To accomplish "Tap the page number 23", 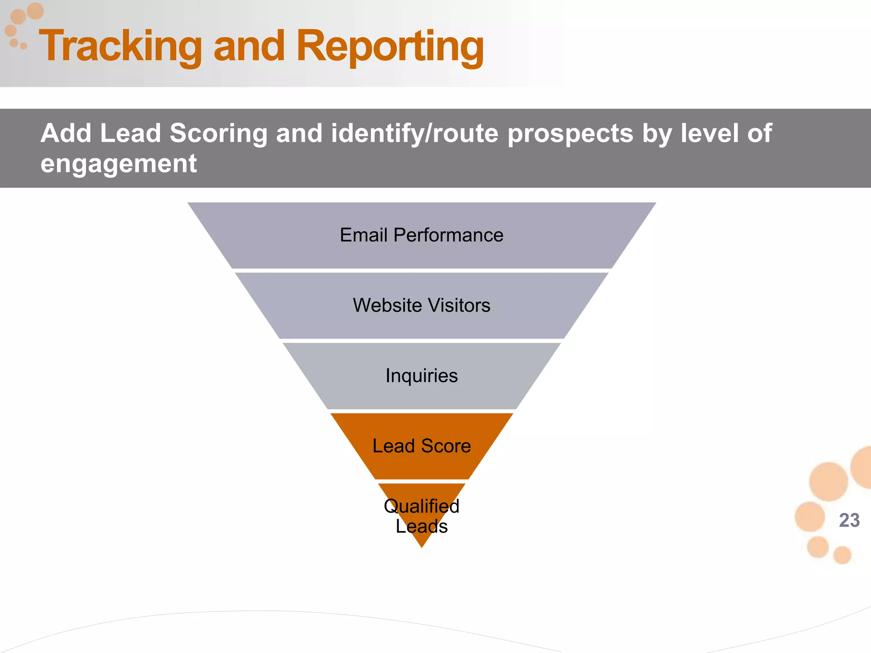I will click(849, 520).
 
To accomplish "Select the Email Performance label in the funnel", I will click(421, 235).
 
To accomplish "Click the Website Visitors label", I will click(421, 305).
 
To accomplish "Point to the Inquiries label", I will click(421, 376).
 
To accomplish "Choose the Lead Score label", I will click(421, 446).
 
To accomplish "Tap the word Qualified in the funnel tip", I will click(421, 506).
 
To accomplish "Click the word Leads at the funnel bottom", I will click(421, 527).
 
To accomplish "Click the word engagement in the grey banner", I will click(119, 164).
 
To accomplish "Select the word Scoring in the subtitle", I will click(219, 133).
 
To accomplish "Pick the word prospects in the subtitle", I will click(571, 134).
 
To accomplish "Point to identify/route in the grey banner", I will click(415, 134).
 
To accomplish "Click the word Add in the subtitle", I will click(66, 133).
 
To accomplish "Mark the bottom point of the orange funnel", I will click(422, 546).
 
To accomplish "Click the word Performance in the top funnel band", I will click(448, 235).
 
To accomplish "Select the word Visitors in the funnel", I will click(459, 305).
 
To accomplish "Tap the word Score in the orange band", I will click(446, 446).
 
